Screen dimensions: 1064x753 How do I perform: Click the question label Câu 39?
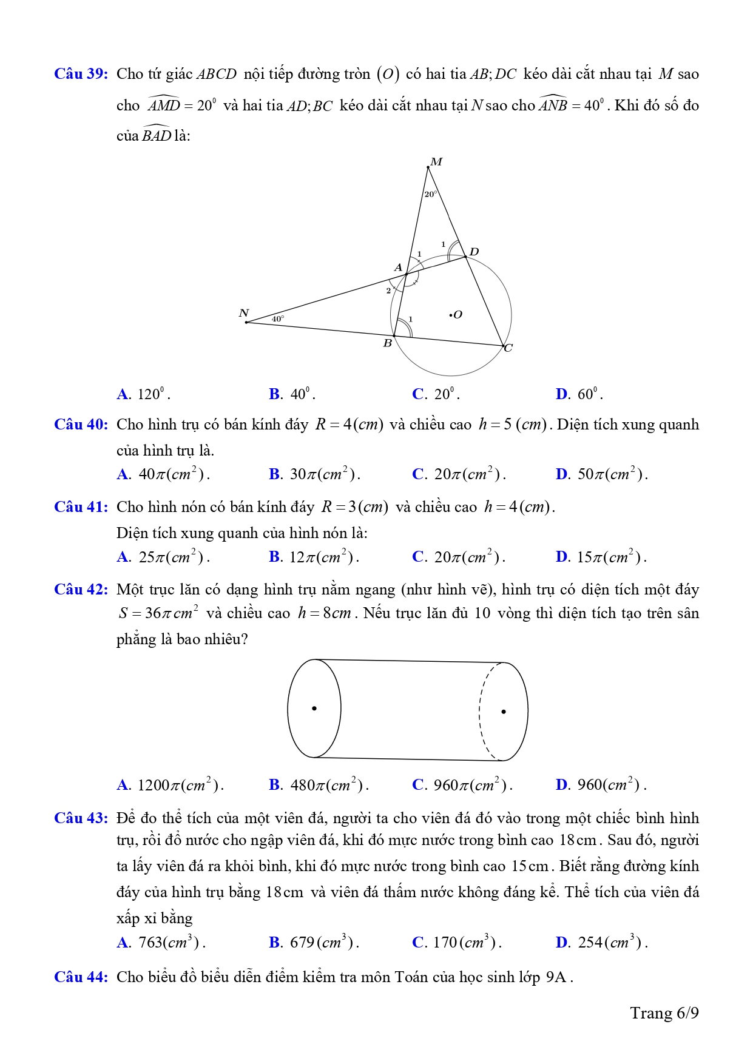point(81,74)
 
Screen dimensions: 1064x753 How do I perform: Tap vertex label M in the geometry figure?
point(436,162)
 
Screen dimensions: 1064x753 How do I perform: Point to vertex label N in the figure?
point(244,313)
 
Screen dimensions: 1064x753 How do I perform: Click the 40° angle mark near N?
point(277,318)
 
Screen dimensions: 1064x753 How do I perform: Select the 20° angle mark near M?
point(430,194)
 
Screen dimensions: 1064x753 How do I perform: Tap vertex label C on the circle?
point(508,348)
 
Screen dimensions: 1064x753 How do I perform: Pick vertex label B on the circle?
point(387,344)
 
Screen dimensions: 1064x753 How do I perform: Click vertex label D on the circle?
point(474,252)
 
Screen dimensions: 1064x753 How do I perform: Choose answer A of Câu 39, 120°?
point(143,394)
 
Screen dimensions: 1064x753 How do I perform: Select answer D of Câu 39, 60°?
point(579,394)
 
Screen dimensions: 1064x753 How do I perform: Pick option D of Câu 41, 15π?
point(601,557)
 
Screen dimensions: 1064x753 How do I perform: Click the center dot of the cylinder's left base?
point(314,708)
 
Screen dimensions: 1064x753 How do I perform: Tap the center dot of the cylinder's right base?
point(504,711)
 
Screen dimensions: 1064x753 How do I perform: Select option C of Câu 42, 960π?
point(462,785)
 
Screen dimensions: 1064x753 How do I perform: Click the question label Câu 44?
point(81,977)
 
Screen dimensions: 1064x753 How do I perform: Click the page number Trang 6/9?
point(664,1013)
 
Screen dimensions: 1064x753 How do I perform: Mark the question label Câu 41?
point(81,507)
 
